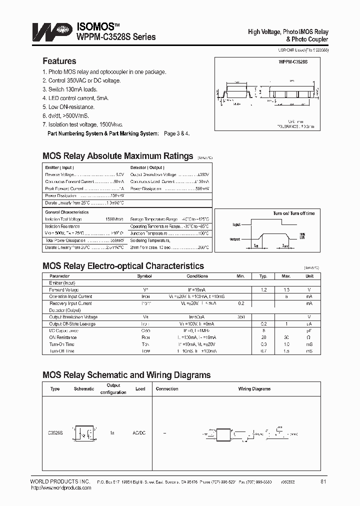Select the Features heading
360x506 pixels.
[59, 61]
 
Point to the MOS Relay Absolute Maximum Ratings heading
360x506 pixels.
[117, 156]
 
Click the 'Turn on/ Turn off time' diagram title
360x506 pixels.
[294, 213]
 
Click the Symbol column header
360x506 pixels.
[144, 276]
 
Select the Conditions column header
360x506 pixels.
[197, 276]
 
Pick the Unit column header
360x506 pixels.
[309, 276]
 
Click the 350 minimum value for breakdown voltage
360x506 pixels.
[240, 317]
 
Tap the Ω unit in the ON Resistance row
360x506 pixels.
[309, 337]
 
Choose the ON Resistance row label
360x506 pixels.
[62, 337]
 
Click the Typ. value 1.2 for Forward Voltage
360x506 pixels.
[263, 290]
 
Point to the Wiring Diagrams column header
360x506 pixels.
[254, 388]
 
